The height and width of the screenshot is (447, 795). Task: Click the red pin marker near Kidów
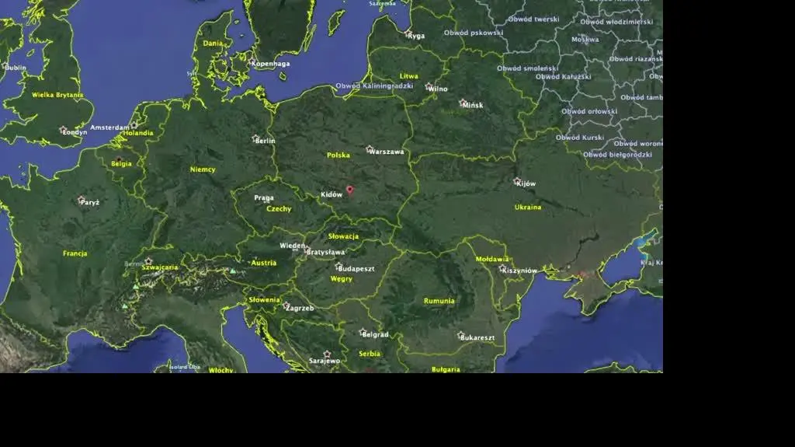[350, 189]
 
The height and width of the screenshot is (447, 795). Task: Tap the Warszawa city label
[387, 152]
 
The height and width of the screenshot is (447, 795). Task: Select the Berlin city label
[266, 141]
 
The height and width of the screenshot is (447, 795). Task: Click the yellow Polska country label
[338, 155]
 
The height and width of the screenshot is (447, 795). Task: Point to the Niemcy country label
[203, 169]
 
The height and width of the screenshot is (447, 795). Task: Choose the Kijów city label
[526, 183]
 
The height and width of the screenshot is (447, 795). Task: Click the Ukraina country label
[528, 208]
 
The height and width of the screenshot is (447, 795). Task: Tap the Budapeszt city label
[356, 268]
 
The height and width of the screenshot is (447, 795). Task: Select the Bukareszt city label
[477, 338]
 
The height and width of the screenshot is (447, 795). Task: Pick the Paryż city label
[89, 202]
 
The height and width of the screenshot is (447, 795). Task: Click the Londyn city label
[75, 132]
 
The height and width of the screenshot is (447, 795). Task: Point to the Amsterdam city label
[109, 127]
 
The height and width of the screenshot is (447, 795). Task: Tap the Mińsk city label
[472, 105]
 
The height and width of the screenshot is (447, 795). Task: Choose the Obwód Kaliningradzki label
[374, 86]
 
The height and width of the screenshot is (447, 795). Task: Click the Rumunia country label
[439, 301]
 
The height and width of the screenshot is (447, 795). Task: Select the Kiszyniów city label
[519, 271]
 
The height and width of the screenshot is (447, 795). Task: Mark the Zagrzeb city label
[300, 308]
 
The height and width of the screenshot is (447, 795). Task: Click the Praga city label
[264, 197]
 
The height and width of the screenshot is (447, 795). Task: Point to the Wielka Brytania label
[57, 95]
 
